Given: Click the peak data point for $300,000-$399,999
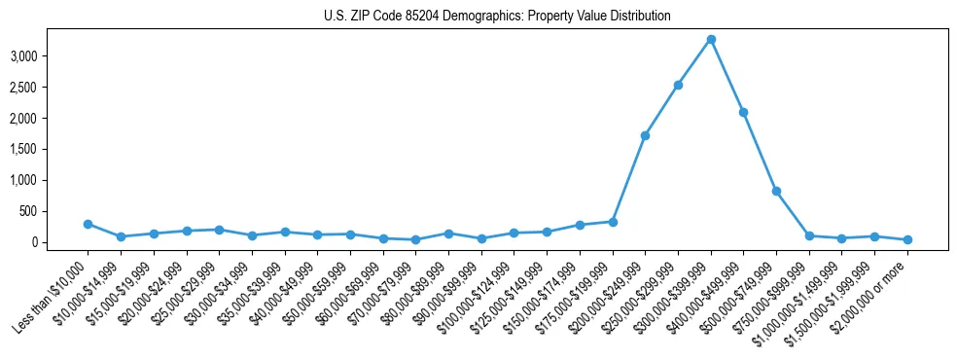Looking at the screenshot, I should [711, 39].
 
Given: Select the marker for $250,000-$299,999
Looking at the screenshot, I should [678, 85].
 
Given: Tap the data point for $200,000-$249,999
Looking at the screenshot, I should [645, 135].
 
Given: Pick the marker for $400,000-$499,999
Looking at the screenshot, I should [743, 112].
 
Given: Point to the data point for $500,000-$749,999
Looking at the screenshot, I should [776, 191].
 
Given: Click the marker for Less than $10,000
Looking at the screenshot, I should [88, 224].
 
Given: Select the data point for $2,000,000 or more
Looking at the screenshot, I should [907, 239].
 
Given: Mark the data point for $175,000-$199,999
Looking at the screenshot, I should [613, 222].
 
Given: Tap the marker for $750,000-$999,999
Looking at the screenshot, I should [809, 235].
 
